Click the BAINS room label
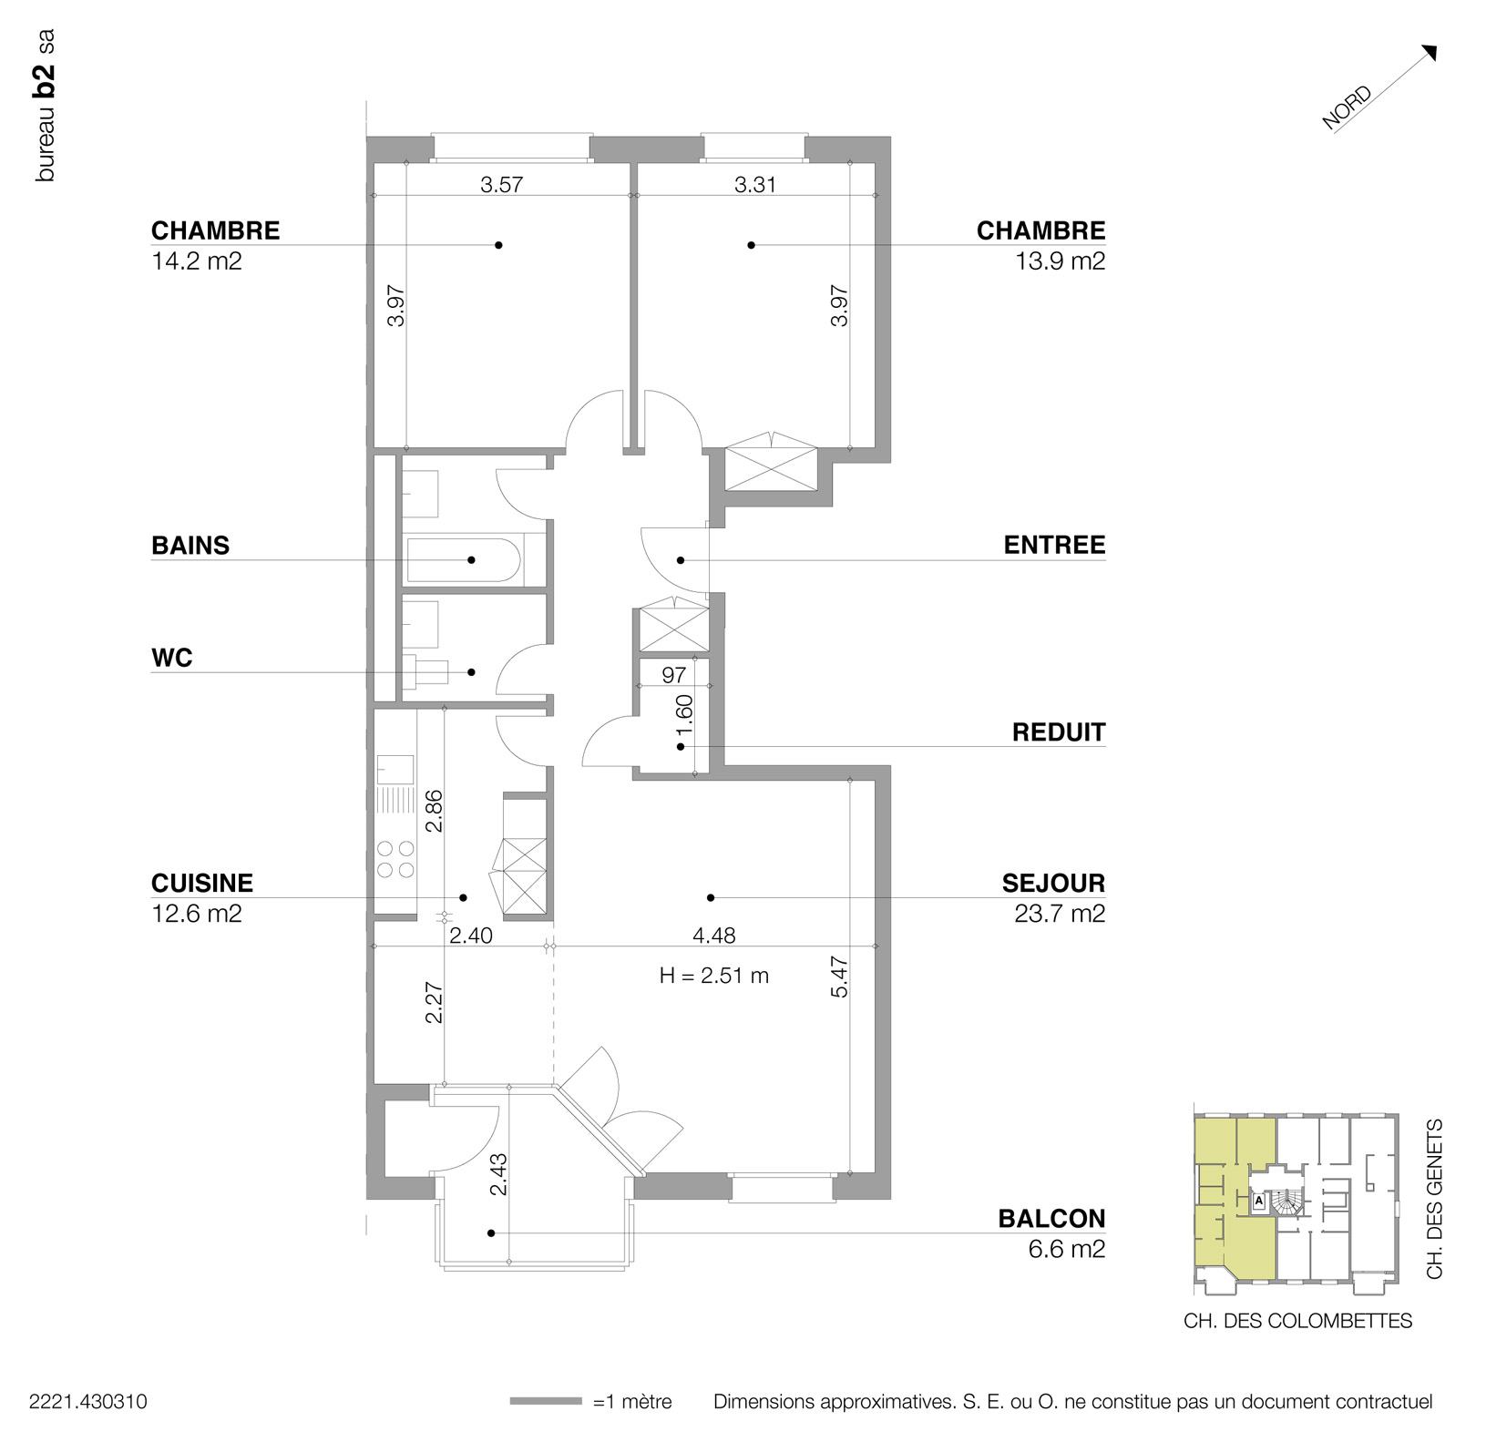tap(190, 546)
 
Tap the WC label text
tap(172, 658)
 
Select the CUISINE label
tap(202, 883)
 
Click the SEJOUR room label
tap(1053, 883)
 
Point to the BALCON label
tap(1051, 1219)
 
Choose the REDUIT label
tap(1059, 732)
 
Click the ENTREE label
tap(1054, 545)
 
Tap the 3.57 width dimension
tap(502, 185)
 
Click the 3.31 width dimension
tap(755, 185)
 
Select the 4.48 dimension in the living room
tap(714, 935)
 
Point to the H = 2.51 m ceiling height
tap(714, 976)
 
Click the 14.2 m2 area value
tap(197, 261)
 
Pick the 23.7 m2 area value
tap(1060, 913)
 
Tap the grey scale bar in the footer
tap(546, 1401)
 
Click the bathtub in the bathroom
tap(464, 559)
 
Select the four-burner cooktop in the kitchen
tap(395, 859)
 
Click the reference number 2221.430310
tap(88, 1402)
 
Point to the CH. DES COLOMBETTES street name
tap(1297, 1321)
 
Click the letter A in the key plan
tap(1259, 1201)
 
